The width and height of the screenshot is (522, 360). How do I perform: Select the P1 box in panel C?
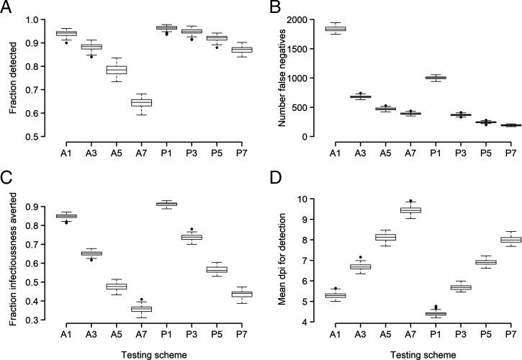pyautogui.click(x=166, y=204)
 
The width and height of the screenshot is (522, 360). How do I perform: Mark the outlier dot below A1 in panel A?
pyautogui.click(x=66, y=42)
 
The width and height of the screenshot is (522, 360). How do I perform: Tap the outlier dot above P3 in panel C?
pyautogui.click(x=192, y=230)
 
